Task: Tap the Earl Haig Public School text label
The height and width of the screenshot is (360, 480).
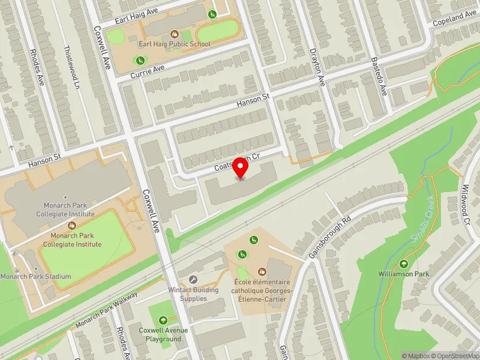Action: click(175, 44)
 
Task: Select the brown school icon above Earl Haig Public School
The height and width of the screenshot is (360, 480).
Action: click(175, 34)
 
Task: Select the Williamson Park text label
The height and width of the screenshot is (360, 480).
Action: click(404, 274)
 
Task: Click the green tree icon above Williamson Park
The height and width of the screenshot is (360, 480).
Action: click(404, 263)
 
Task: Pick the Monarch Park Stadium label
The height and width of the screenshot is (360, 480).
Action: click(35, 277)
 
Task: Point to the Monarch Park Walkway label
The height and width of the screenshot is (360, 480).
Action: click(107, 310)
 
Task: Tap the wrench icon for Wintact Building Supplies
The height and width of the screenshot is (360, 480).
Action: click(193, 280)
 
